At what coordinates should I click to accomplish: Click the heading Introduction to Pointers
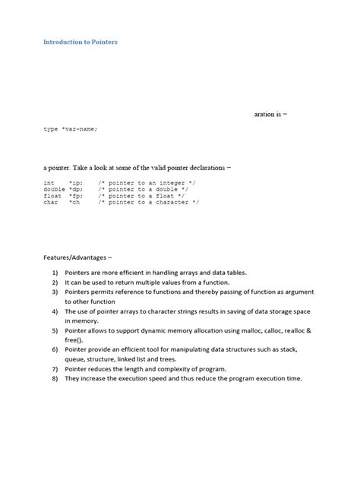tap(80, 42)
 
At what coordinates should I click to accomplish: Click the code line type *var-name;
tap(71, 129)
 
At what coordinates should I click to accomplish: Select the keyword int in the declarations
tap(49, 183)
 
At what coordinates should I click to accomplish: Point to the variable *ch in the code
tap(76, 203)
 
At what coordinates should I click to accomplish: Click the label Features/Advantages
tap(74, 257)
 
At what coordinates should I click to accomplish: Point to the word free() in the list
tap(74, 339)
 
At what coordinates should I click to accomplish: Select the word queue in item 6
tap(75, 359)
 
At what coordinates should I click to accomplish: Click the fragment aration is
tap(270, 114)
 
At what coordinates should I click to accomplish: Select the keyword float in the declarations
tap(52, 196)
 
